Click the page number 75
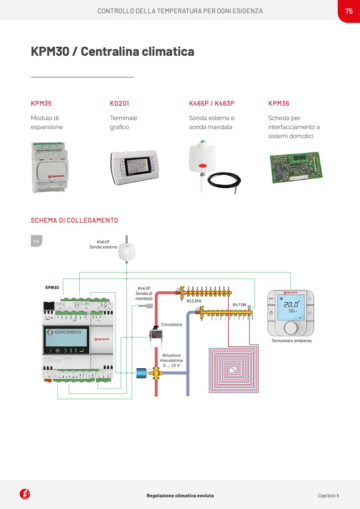pos(349,11)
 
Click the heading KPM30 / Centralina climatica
pos(112,52)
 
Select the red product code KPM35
pos(41,104)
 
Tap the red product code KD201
pos(120,104)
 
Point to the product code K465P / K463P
pos(212,104)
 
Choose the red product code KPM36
pos(279,104)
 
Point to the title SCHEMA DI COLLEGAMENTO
pos(74,220)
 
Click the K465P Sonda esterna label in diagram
pos(103,244)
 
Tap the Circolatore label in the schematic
pos(172,324)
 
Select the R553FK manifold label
pos(194,301)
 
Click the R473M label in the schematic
pos(239,305)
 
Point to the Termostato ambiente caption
pos(291,341)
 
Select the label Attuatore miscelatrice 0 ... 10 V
pos(171,361)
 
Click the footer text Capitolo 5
pos(328,495)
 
